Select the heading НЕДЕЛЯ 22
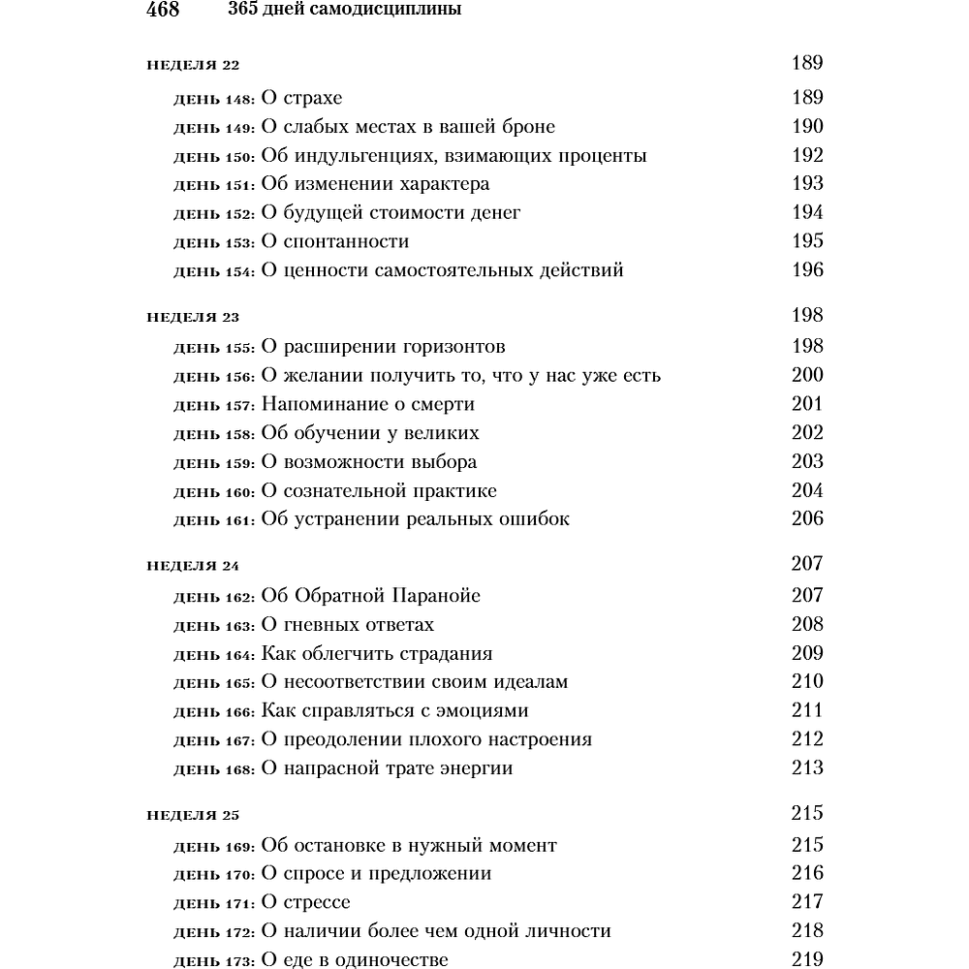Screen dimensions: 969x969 (x=193, y=66)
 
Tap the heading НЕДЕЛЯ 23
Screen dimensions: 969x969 (x=193, y=317)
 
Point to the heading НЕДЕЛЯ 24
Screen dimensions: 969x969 (x=193, y=566)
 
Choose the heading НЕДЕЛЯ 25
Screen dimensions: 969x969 (x=193, y=815)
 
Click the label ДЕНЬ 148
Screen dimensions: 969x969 (x=214, y=99)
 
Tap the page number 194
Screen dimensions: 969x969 (x=806, y=212)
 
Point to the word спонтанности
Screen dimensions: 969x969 (x=346, y=242)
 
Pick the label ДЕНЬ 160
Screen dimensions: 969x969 (x=214, y=492)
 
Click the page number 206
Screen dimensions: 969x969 (x=806, y=519)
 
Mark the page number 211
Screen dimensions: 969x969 (x=806, y=710)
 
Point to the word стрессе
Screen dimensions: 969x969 (x=318, y=903)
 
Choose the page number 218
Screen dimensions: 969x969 (x=806, y=931)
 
